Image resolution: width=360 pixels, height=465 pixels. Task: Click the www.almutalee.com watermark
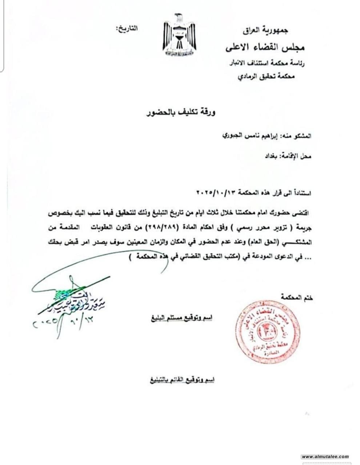[x=325, y=457]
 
